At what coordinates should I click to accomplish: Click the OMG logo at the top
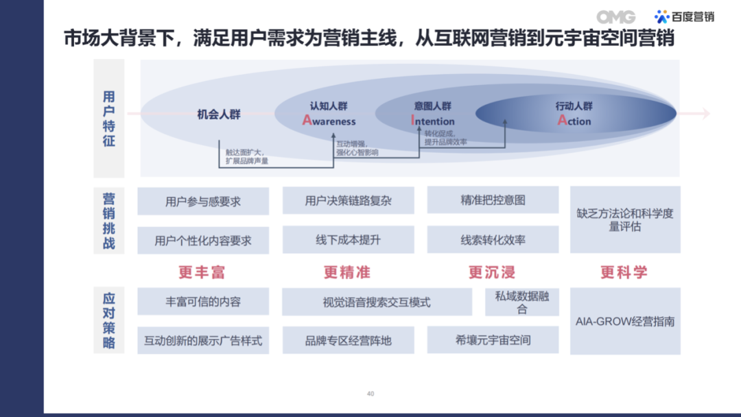tap(615, 17)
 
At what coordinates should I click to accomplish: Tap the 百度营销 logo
tap(684, 17)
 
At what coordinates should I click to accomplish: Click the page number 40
tap(370, 394)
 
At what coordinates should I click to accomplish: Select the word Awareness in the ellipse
tap(329, 121)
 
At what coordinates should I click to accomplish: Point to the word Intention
tap(432, 121)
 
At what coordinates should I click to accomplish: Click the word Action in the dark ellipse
tap(574, 121)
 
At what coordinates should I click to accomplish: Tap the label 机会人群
tap(219, 115)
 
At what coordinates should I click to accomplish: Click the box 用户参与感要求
tap(203, 202)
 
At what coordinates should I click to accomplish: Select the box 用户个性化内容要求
tap(203, 241)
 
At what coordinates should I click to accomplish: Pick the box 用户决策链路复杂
tap(349, 201)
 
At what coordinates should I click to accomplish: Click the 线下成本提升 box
tap(349, 240)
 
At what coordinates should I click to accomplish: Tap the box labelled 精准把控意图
tap(493, 200)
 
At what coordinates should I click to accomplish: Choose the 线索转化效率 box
tap(493, 240)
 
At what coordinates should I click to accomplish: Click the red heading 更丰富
tap(202, 272)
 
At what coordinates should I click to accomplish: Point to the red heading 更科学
tap(624, 272)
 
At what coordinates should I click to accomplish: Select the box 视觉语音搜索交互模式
tap(377, 302)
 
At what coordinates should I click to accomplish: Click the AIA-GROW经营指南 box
tap(625, 321)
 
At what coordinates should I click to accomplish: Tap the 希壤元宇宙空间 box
tap(493, 340)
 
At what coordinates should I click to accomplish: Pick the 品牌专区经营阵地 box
tap(349, 340)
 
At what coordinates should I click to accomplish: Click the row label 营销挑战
tap(109, 221)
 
